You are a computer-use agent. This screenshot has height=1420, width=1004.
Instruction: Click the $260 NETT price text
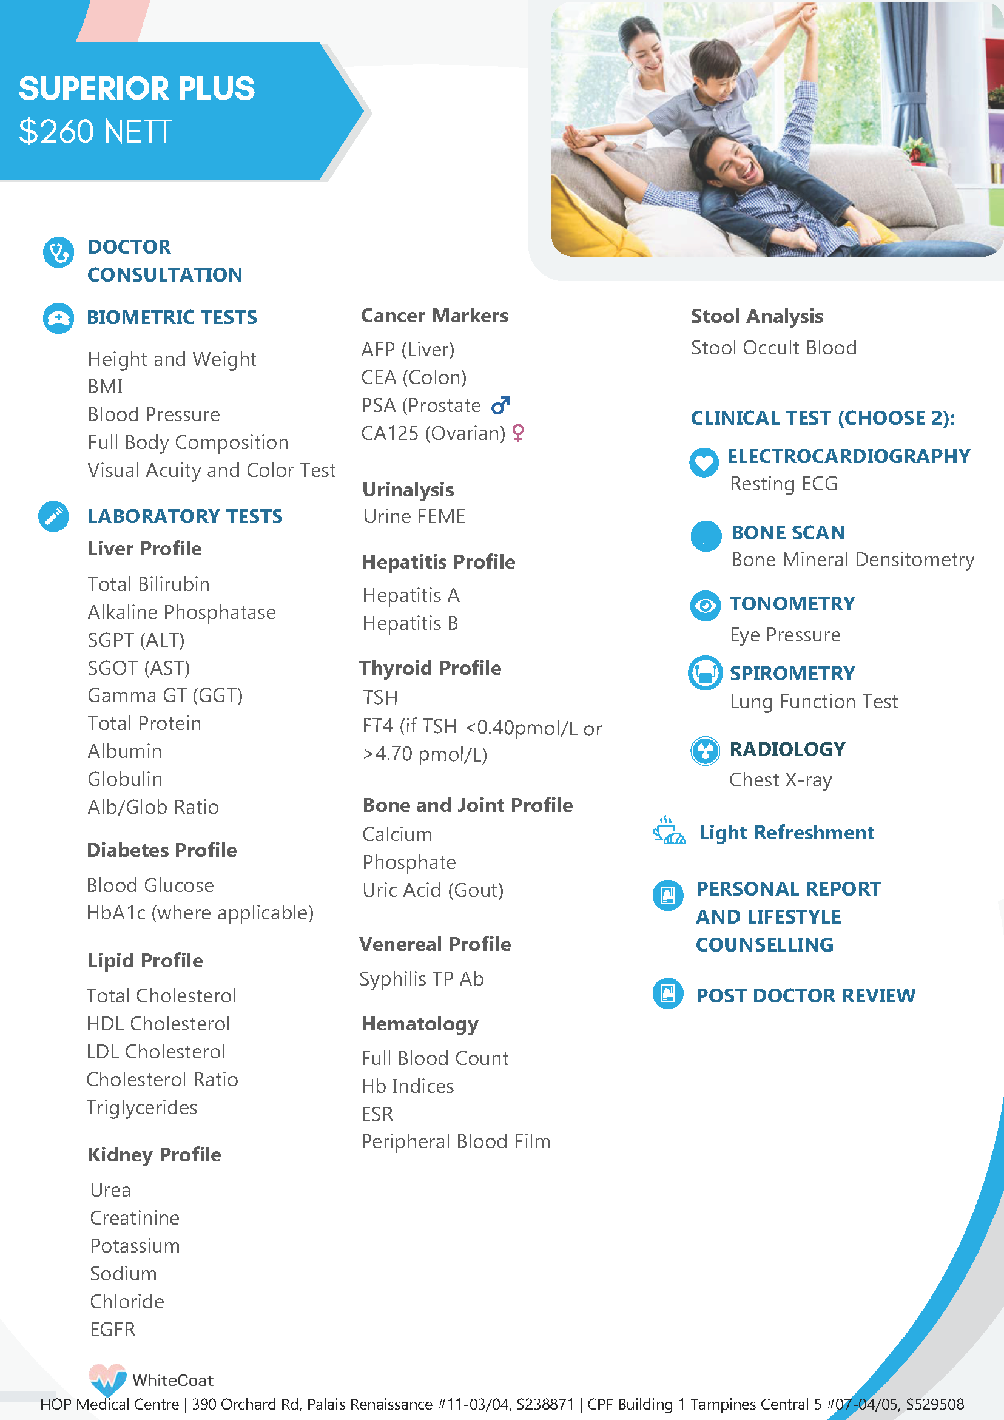95,132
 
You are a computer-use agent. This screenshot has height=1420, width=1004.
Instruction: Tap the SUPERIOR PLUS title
136,89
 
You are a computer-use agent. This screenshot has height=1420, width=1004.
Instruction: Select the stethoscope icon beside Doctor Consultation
58,252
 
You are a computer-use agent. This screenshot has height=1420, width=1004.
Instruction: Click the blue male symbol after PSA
500,405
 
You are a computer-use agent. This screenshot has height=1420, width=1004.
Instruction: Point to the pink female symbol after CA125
518,433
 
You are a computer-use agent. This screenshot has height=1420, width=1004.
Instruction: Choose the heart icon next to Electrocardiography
704,462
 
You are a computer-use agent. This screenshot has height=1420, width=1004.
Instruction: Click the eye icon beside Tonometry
705,606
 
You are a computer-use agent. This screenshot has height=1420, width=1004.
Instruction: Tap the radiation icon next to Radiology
705,751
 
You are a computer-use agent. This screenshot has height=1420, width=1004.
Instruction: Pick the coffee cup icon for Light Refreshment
669,830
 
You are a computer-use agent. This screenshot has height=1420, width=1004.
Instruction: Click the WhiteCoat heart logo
107,1379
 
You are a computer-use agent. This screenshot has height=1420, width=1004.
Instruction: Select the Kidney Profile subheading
155,1155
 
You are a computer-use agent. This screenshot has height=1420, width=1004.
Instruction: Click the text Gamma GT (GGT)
165,695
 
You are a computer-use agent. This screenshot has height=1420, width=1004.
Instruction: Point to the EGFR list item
112,1329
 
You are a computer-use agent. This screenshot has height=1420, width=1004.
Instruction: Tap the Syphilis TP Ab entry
422,978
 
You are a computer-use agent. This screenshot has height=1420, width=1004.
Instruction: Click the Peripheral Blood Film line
456,1141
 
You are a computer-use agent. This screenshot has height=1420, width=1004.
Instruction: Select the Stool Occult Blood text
773,348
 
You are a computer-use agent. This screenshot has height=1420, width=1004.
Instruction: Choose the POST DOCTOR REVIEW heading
806,995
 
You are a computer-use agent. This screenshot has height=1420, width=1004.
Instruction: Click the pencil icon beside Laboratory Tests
54,516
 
